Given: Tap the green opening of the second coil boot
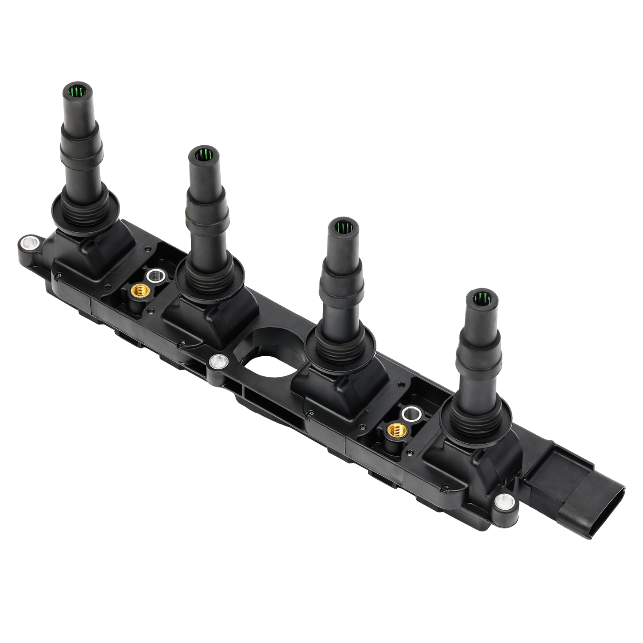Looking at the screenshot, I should (202, 154).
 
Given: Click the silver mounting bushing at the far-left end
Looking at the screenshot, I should (29, 243).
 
